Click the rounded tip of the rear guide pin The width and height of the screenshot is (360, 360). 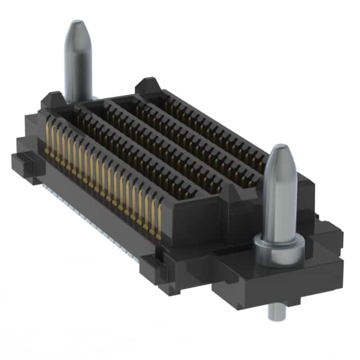click(77, 28)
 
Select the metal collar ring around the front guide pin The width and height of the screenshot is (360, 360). click(278, 243)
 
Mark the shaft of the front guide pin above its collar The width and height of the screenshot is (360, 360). click(279, 202)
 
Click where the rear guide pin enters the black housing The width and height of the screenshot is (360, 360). click(78, 100)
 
